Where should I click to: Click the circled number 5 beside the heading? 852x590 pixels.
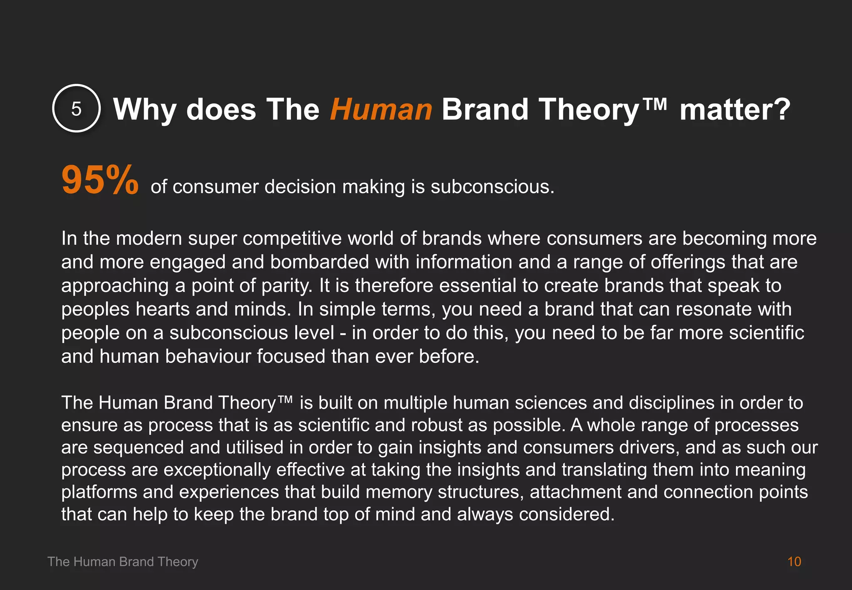coord(76,109)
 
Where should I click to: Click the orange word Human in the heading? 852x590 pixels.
coord(381,109)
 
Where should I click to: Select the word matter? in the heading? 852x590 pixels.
coord(735,109)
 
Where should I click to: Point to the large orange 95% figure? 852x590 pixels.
coord(100,180)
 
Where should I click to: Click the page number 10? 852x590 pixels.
coord(794,562)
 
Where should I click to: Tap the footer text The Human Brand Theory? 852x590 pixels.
coord(123,562)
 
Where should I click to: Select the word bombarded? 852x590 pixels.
coord(319,262)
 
